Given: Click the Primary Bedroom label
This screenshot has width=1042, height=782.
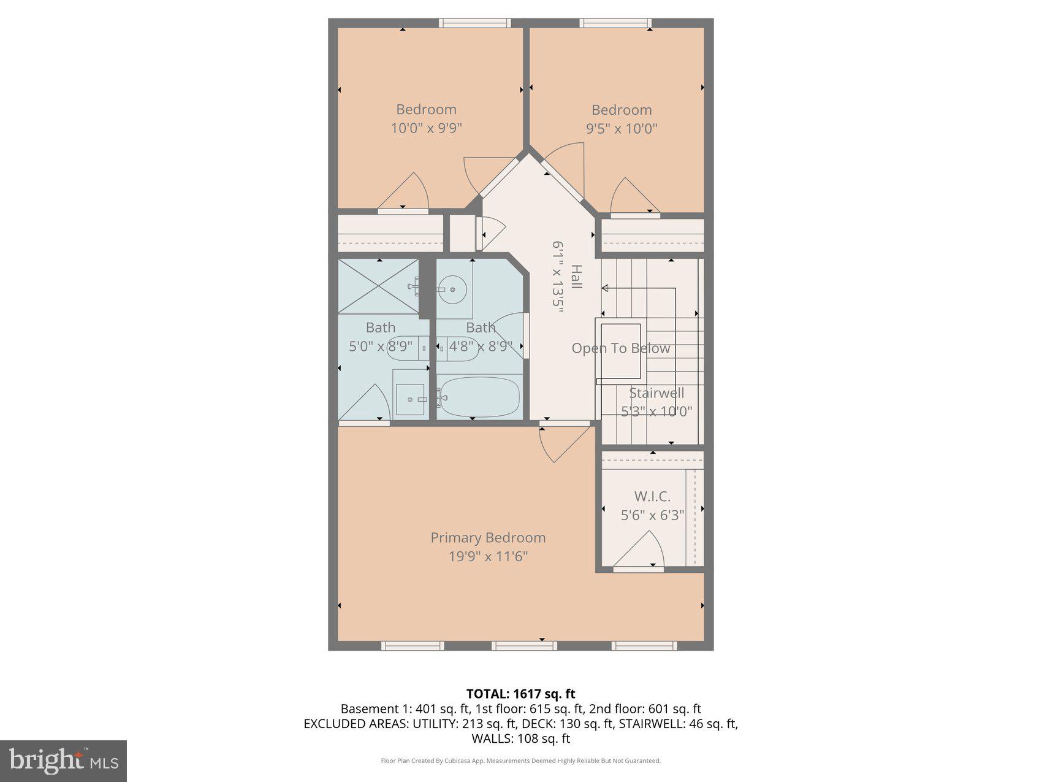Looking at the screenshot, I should [x=488, y=537].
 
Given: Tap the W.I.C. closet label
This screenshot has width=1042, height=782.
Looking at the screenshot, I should [x=652, y=496].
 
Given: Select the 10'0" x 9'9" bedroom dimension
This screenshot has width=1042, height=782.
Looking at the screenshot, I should [x=426, y=128].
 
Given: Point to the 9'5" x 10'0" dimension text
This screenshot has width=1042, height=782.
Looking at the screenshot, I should [x=622, y=129].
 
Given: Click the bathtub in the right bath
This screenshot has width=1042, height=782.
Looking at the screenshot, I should [x=480, y=397].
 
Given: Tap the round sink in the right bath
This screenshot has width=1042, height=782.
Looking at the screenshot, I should [x=452, y=288].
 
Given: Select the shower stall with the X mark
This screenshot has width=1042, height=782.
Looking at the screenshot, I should [x=378, y=286].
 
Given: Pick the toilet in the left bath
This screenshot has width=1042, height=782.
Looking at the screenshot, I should [x=401, y=348].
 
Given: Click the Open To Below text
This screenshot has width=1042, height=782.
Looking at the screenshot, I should [x=620, y=348].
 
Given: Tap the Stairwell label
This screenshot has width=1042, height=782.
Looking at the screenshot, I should [x=656, y=393].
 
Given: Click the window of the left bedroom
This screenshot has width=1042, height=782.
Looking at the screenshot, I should [x=474, y=23].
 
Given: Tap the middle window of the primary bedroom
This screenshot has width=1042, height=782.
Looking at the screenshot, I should [x=524, y=645].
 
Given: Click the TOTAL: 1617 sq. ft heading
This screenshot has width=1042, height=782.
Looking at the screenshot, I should [x=520, y=694].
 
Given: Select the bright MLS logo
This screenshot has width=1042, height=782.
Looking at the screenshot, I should [x=63, y=761].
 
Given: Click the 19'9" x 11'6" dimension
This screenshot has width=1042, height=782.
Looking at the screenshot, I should [x=488, y=556].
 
